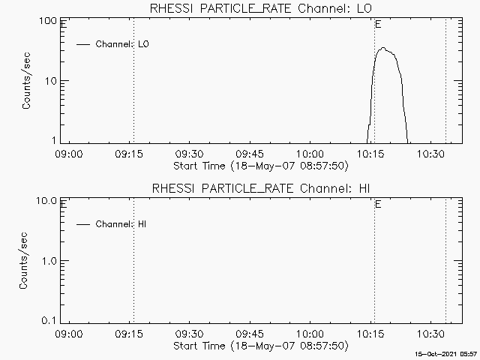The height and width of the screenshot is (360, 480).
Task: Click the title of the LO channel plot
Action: (259, 8)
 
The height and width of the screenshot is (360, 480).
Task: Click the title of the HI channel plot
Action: (259, 188)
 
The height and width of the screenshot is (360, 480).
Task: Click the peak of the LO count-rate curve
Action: (383, 48)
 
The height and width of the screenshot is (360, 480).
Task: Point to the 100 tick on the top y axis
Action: (48, 21)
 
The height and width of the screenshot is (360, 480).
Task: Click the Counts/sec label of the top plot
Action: (26, 81)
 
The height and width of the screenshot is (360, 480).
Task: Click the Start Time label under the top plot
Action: (259, 165)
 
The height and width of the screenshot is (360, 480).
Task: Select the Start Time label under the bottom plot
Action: (259, 346)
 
